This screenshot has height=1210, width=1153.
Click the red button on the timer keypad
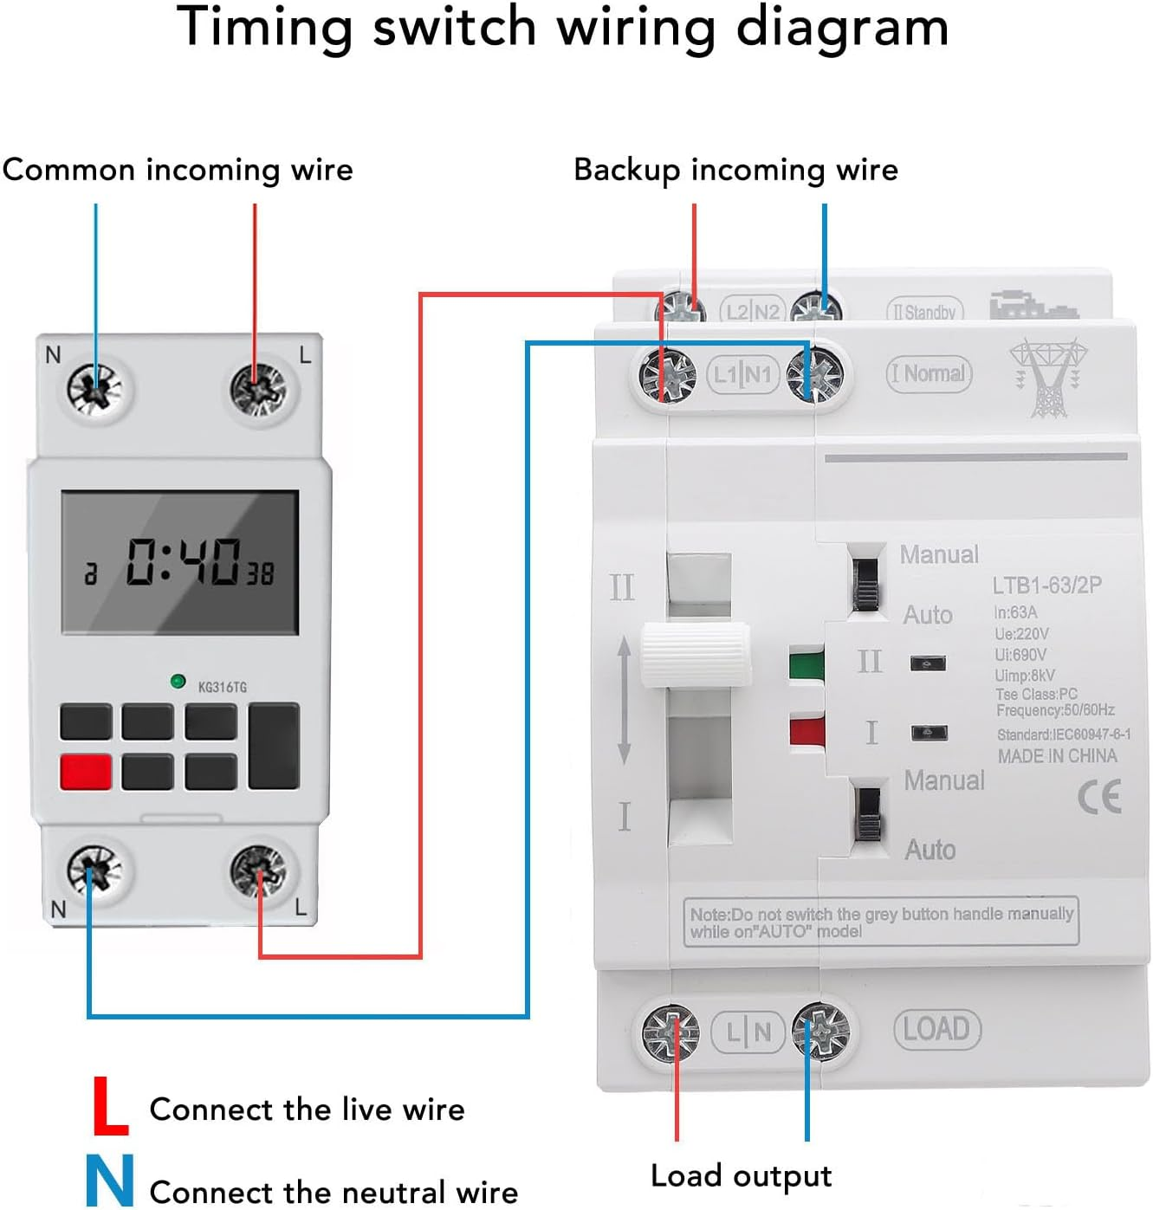pyautogui.click(x=86, y=771)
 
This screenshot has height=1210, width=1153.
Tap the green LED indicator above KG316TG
pyautogui.click(x=178, y=682)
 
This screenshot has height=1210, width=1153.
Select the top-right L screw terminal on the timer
pyautogui.click(x=258, y=389)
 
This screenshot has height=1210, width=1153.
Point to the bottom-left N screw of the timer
pyautogui.click(x=95, y=871)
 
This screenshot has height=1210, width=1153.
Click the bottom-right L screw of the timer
pyautogui.click(x=258, y=871)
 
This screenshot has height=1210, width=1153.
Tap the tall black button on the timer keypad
pyautogui.click(x=274, y=746)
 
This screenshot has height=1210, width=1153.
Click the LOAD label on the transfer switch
pyautogui.click(x=936, y=1029)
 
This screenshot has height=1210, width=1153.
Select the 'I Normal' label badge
pyautogui.click(x=929, y=374)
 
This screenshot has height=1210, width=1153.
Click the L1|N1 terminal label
pyautogui.click(x=742, y=375)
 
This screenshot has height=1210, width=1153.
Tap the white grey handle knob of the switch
pyautogui.click(x=696, y=655)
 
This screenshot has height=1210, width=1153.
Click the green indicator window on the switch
pyautogui.click(x=806, y=663)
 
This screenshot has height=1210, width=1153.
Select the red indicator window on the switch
pyautogui.click(x=806, y=730)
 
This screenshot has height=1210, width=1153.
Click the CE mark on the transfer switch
pyautogui.click(x=1099, y=797)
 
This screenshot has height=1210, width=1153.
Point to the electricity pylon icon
pyautogui.click(x=1048, y=378)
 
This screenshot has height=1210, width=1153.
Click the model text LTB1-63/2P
pyautogui.click(x=1046, y=586)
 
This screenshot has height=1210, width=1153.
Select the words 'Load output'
pyautogui.click(x=741, y=1175)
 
